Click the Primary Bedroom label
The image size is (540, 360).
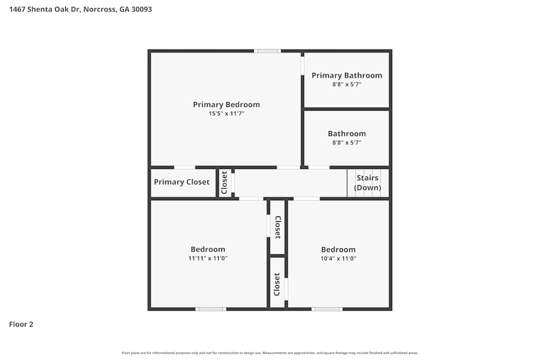coord(226,105)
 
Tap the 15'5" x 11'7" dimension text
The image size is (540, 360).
coord(226,114)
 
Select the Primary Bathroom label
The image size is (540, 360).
coord(347,76)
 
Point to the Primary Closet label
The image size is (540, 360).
coord(181,182)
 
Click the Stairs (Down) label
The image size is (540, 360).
coord(367,183)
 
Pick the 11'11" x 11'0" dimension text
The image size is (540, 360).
coord(208,259)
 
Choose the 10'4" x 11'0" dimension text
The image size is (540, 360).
coord(338,259)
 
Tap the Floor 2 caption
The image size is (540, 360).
coord(22,324)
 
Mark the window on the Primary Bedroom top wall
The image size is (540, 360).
coord(267,51)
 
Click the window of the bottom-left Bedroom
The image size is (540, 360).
coord(211,309)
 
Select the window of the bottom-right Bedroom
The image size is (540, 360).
coord(327,309)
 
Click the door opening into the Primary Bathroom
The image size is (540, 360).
coord(302,66)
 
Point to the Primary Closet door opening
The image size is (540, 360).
coord(185,167)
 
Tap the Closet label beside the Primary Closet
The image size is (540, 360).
coord(224,183)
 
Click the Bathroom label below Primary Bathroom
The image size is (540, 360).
coord(347,134)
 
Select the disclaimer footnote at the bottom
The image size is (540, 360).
coord(270,353)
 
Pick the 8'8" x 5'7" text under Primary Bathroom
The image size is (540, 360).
coord(347,85)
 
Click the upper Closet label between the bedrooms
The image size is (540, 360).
coord(278,227)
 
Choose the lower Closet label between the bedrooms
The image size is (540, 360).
coord(277,284)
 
